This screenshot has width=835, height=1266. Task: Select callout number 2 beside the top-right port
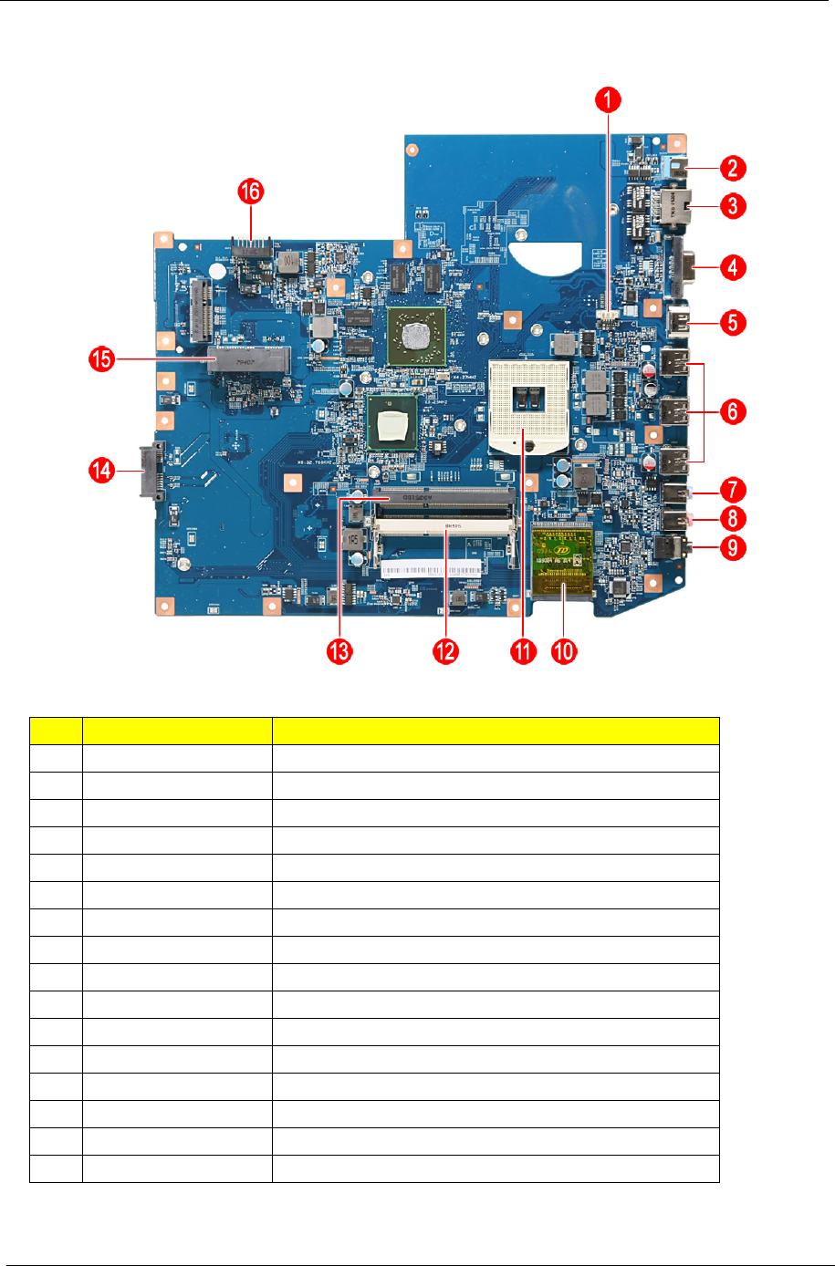point(732,168)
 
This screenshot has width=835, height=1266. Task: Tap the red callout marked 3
point(732,205)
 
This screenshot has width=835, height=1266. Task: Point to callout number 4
point(732,268)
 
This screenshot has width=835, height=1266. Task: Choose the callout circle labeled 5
point(732,323)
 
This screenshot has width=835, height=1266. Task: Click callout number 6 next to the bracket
point(732,411)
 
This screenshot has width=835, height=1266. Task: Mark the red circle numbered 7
point(732,491)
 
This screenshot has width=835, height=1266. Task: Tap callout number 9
point(732,548)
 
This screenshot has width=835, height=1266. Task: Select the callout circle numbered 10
point(565,651)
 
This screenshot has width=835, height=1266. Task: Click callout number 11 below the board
point(523,651)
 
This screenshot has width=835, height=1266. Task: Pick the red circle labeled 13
point(339,651)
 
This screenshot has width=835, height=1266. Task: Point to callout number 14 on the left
point(101,471)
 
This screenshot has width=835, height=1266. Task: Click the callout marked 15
point(101,359)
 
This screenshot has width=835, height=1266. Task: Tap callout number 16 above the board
point(250,192)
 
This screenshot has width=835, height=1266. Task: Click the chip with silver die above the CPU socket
point(415,335)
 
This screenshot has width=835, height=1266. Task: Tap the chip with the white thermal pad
point(391,423)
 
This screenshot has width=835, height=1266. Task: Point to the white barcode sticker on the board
point(431,569)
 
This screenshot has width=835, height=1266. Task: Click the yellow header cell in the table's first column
point(56,732)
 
